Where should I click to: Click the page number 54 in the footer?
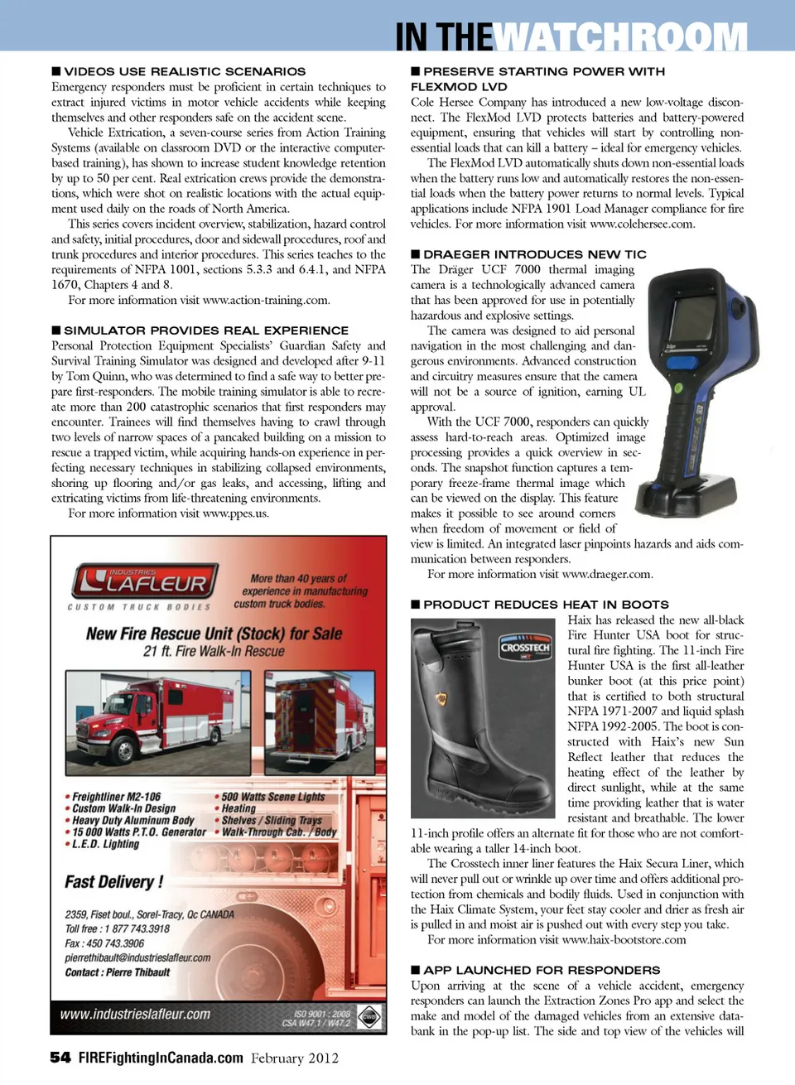point(60,1057)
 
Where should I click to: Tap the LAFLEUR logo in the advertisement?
point(147,581)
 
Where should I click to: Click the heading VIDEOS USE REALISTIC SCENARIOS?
point(185,71)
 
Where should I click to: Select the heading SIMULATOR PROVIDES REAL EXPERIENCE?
point(206,330)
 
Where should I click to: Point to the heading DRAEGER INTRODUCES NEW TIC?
point(534,254)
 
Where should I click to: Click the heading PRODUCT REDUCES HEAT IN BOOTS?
point(546,605)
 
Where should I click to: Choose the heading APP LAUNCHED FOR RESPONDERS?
point(542,970)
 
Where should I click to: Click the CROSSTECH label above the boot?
point(525,648)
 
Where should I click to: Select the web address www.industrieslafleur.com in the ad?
point(135,1014)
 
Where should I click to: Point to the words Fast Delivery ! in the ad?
point(114,881)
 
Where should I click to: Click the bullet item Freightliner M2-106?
point(116,796)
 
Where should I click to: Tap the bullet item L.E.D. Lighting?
point(105,844)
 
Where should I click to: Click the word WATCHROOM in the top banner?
point(621,37)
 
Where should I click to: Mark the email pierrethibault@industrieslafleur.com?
point(137,957)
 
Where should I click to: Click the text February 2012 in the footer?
point(295,1058)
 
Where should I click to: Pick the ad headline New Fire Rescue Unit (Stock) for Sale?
point(214,634)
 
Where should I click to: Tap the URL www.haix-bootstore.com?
point(624,939)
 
